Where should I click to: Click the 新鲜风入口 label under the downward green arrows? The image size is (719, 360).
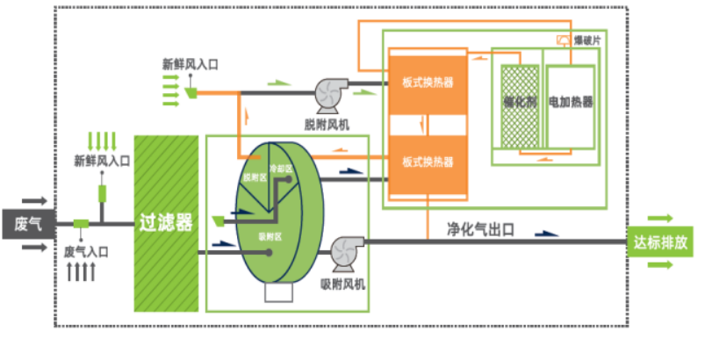[102, 161]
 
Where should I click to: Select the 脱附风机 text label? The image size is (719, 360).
[330, 125]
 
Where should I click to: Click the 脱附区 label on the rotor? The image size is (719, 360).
[254, 176]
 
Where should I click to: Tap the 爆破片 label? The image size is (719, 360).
[586, 40]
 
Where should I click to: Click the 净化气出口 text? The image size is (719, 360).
[480, 230]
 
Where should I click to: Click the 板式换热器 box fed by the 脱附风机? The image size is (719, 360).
[428, 83]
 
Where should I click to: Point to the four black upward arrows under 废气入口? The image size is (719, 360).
[81, 271]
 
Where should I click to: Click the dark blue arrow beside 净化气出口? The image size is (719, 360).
[546, 234]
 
